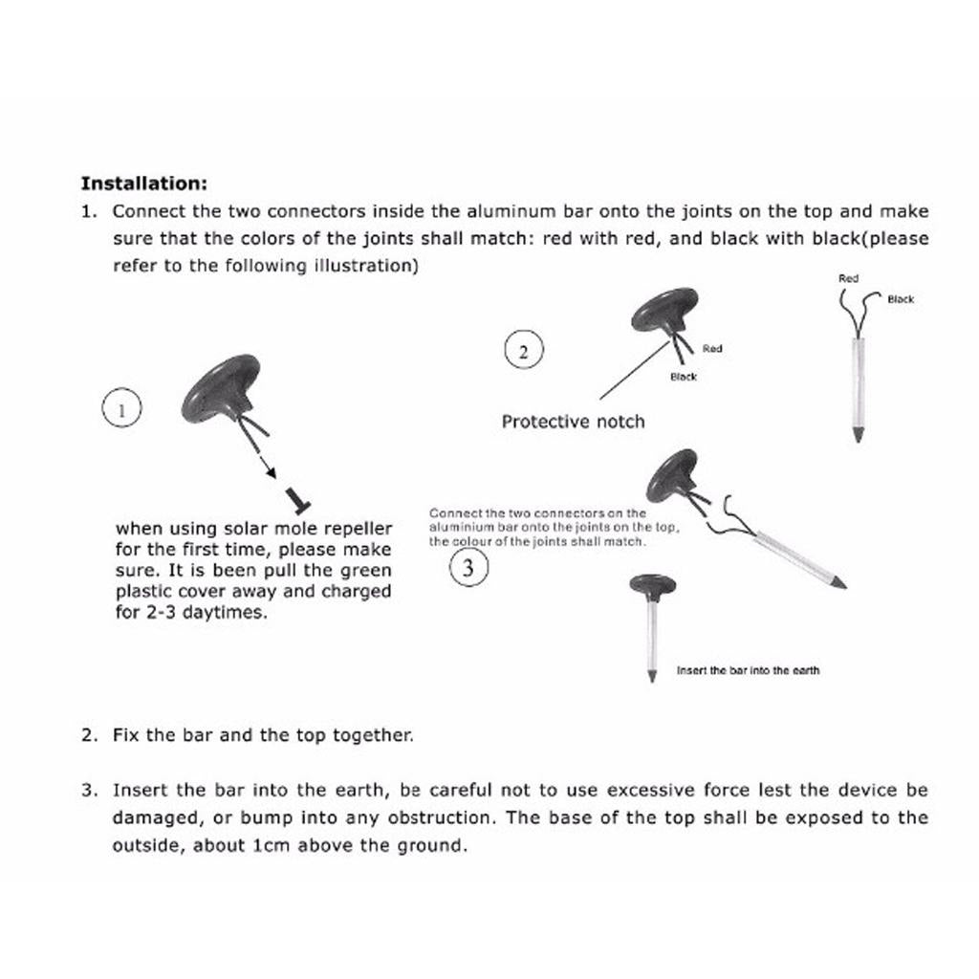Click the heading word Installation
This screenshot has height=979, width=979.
[x=143, y=183]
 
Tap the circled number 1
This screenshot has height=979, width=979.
[x=121, y=410]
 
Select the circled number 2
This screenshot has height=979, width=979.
[x=523, y=351]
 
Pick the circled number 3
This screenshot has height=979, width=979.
[x=468, y=569]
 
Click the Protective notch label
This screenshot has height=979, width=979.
[x=573, y=422]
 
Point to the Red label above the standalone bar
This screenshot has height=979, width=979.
[x=848, y=278]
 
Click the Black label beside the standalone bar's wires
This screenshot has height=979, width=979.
[x=901, y=299]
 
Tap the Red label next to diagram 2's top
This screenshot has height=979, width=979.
[x=712, y=349]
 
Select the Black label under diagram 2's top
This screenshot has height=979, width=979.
[x=684, y=377]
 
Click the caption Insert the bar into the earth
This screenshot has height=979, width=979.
[x=748, y=670]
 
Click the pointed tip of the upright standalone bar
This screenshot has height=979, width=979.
[x=857, y=435]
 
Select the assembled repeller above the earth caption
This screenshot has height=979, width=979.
[x=652, y=621]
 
